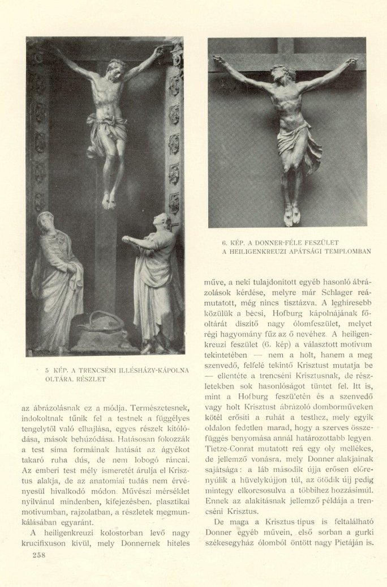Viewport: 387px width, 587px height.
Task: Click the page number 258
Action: (37, 555)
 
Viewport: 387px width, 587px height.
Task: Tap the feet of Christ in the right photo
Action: (292, 215)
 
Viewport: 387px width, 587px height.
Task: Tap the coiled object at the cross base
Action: (102, 323)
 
